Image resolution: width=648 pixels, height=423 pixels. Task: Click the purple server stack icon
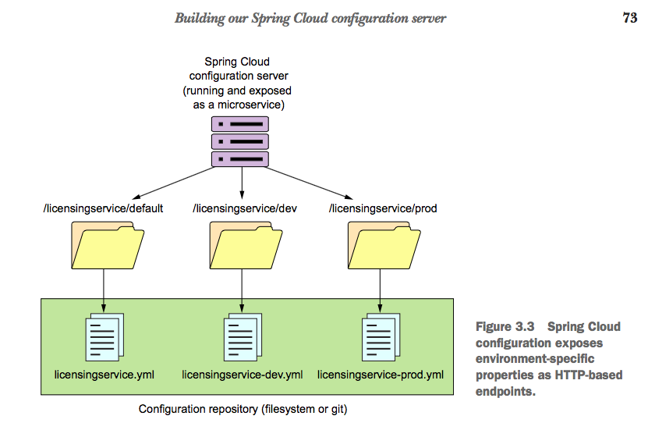240,141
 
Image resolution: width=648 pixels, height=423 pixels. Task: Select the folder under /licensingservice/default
107,245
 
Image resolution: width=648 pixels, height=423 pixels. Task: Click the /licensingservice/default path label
102,208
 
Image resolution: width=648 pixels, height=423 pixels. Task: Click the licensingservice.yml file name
104,375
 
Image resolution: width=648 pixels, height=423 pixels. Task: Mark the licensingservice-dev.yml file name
242,375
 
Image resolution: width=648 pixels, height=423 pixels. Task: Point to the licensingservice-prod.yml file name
381,375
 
